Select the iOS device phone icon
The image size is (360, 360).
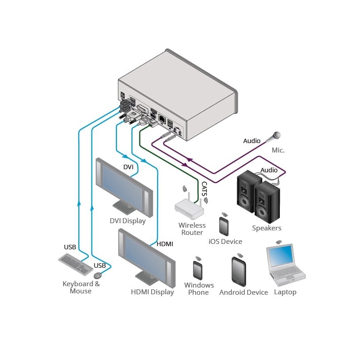coord(224,226)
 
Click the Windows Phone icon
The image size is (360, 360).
coord(198,270)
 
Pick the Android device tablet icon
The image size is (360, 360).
coord(238,272)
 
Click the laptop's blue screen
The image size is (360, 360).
coord(281,255)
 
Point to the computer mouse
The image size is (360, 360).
coord(98,275)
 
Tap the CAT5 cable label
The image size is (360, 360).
coord(204,189)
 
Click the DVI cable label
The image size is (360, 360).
coord(128,167)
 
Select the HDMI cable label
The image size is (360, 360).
coord(165,244)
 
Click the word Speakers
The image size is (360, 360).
coord(266,228)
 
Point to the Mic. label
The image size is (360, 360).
coord(278,150)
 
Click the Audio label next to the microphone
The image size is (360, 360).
coord(252,141)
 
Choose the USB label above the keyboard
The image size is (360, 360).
coord(70,247)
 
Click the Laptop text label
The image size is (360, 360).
coord(285,292)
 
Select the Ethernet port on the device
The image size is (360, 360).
coord(162,118)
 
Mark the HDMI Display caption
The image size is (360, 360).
coord(152,292)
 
